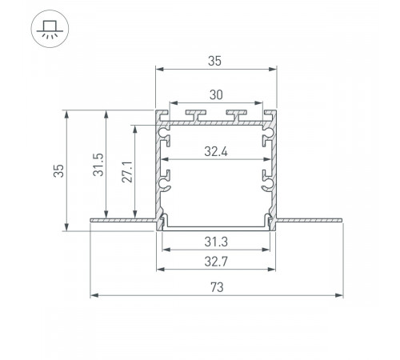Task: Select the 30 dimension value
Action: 216,94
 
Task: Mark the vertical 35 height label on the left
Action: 57,170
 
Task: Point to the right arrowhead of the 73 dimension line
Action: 338,295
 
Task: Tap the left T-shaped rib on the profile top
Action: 194,113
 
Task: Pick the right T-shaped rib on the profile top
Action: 237,113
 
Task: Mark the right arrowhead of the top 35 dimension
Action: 273,69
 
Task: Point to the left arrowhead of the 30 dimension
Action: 170,103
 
